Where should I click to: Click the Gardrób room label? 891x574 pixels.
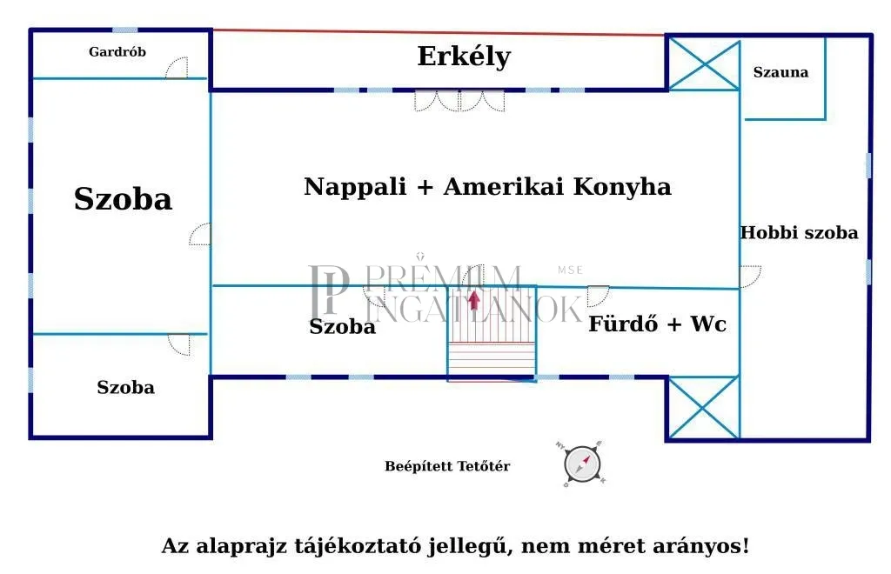point(117,52)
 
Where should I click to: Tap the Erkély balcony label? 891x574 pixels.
point(464,57)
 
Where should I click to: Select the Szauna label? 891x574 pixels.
point(780,72)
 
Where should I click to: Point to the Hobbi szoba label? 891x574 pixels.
point(799,233)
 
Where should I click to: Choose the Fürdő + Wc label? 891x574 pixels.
point(657,325)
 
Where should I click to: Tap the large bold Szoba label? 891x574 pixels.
point(123,199)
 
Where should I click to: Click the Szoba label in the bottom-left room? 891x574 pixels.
point(125,388)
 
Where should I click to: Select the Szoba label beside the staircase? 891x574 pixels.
point(343,327)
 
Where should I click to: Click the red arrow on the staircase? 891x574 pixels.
point(473,300)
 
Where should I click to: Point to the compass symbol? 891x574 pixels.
point(582,464)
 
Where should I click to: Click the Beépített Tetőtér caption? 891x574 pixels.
point(447,466)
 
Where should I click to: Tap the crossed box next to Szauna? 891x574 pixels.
point(703,63)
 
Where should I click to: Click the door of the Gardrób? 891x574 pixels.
point(177,69)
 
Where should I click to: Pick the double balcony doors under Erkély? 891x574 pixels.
point(459,101)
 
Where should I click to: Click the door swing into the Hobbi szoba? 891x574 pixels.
point(750,277)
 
